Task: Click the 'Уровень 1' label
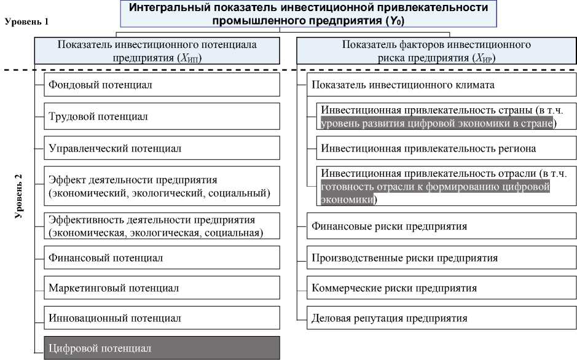tap(26, 21)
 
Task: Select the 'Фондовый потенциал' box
tap(162, 84)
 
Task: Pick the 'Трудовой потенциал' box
tap(162, 116)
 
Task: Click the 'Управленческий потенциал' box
tap(162, 148)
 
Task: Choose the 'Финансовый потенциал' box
tap(162, 257)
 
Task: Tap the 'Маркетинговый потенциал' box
tap(162, 288)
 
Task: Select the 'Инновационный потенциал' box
tap(162, 318)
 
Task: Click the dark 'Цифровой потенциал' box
tap(162, 348)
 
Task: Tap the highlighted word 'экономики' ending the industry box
tap(346, 200)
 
